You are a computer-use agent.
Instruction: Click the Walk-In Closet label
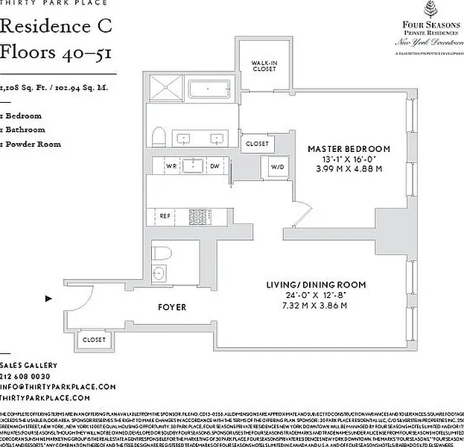(264, 66)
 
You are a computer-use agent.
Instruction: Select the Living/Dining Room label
(317, 285)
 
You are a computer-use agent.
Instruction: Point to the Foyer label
(172, 307)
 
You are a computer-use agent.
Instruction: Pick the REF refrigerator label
(166, 216)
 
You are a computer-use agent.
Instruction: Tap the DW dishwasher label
(214, 165)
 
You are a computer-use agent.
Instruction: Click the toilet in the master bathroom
(158, 137)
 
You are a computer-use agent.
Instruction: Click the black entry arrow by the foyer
(48, 299)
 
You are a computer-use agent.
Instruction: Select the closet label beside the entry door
(94, 339)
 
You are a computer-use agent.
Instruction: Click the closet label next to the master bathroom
(257, 143)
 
